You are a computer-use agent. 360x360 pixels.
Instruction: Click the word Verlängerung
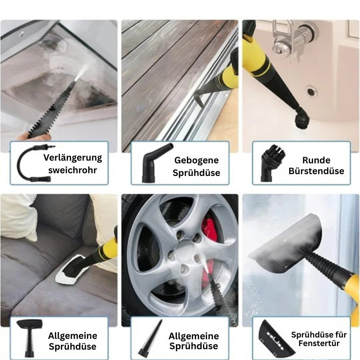point(72,158)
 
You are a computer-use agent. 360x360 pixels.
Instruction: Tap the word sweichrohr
point(72,170)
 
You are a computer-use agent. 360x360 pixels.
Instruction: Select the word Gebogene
point(196,161)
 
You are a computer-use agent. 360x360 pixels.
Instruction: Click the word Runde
point(316,160)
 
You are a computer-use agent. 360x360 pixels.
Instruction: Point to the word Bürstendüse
point(316,171)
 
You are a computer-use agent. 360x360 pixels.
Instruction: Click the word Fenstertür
point(319,343)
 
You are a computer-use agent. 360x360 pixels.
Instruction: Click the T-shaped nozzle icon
point(29,337)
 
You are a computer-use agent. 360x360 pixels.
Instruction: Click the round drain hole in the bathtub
point(311,91)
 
